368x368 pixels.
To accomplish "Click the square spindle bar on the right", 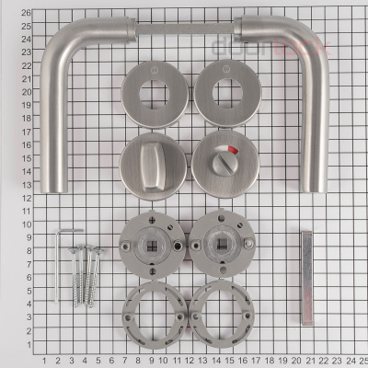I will (305, 276).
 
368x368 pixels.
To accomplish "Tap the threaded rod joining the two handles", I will (184, 29).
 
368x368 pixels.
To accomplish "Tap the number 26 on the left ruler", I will (26, 12).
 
